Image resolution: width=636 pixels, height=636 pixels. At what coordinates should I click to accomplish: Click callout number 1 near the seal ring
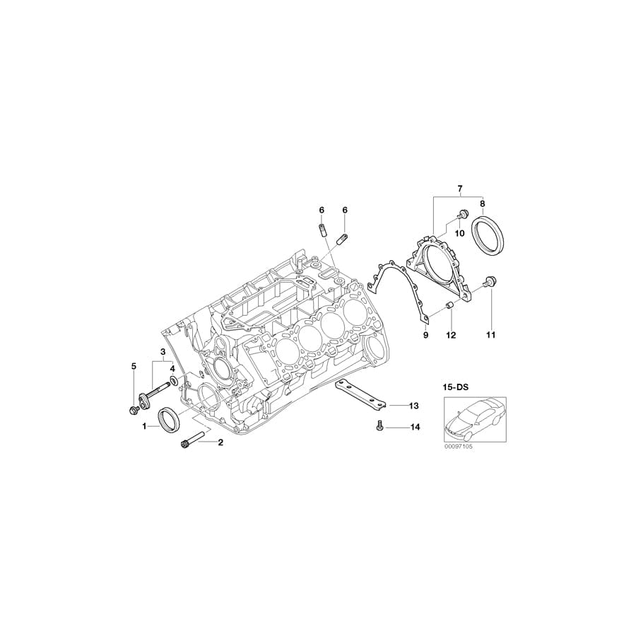click(x=145, y=426)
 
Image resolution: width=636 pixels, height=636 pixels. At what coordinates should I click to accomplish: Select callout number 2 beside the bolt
click(x=220, y=443)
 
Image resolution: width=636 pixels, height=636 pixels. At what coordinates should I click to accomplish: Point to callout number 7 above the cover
click(x=459, y=189)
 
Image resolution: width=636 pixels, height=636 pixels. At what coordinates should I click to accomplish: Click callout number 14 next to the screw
click(x=414, y=428)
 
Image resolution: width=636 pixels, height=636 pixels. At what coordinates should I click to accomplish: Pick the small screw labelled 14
click(x=379, y=426)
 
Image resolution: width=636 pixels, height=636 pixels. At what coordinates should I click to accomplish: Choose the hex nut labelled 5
click(x=134, y=409)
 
